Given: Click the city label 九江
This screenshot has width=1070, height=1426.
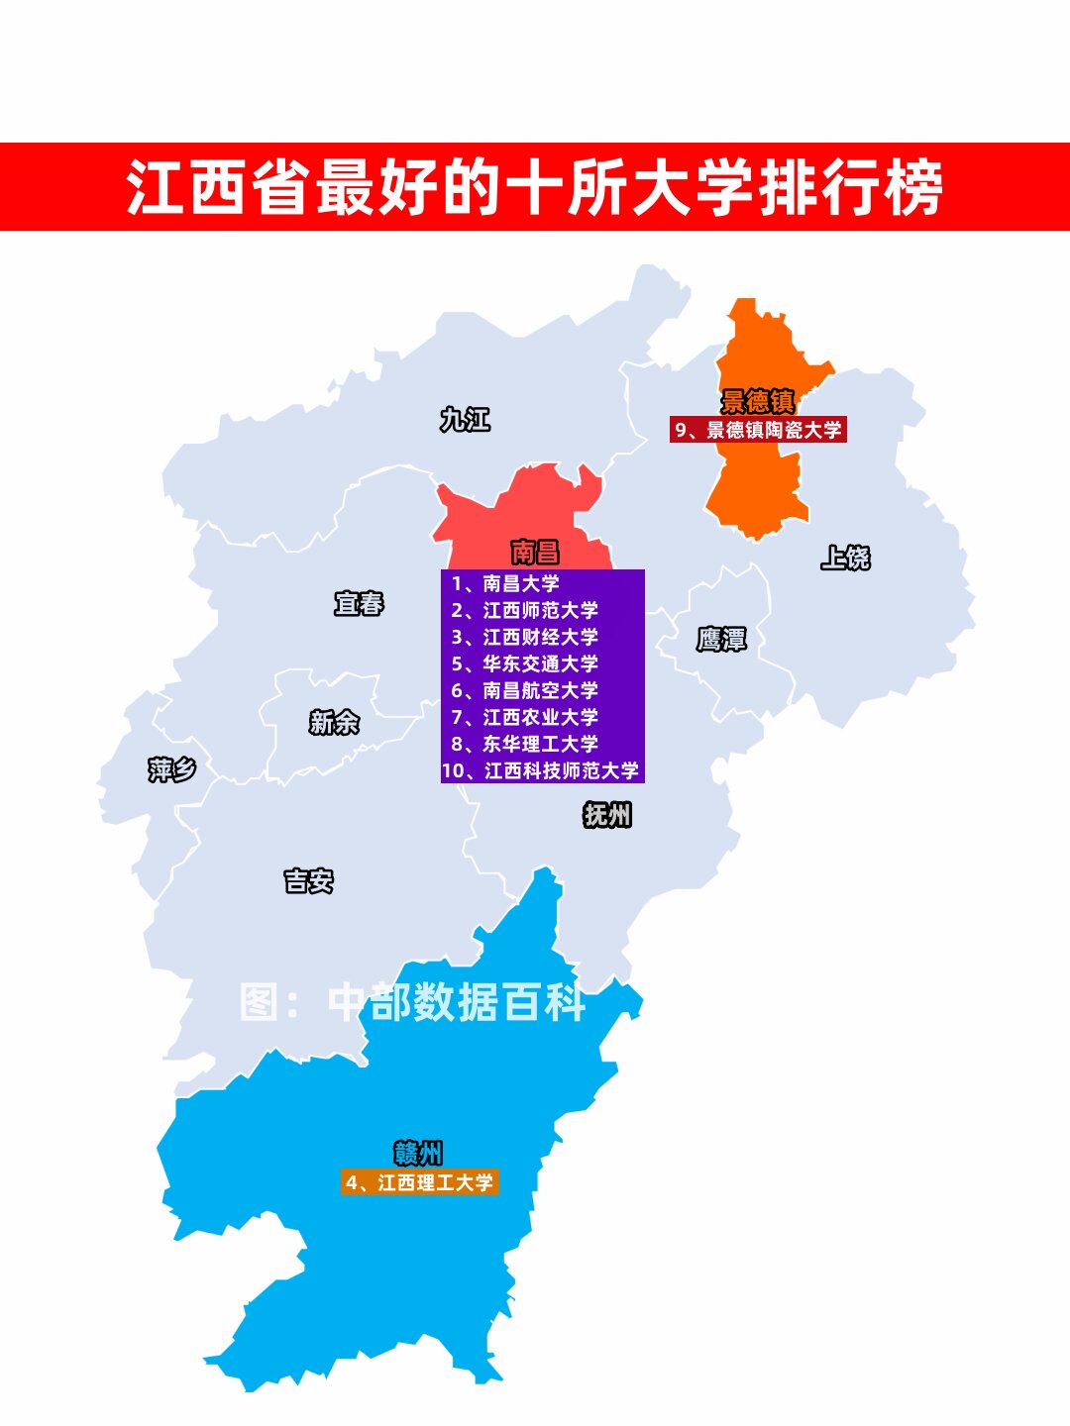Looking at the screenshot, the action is tap(465, 420).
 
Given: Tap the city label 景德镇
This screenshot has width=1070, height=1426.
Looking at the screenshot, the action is tap(758, 401).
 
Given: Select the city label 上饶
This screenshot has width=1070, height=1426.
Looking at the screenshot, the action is tap(845, 558).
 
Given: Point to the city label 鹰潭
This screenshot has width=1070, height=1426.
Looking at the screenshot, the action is tap(721, 640).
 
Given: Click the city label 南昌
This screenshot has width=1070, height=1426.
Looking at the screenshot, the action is tap(535, 552).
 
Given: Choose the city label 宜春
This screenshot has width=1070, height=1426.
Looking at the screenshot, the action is tap(359, 603).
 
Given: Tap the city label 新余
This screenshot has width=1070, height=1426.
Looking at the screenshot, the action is tap(334, 723).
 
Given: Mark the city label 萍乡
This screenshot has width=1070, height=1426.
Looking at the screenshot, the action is tap(172, 769).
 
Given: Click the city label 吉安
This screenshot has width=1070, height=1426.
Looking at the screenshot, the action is tap(309, 880).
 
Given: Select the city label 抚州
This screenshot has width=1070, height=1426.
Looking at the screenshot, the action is tap(607, 815).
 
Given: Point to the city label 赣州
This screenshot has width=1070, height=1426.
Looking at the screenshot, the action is tap(418, 1153).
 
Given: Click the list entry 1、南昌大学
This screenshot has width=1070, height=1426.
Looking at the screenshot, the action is tap(505, 584).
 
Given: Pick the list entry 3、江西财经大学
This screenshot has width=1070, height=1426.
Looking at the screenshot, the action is tap(525, 638).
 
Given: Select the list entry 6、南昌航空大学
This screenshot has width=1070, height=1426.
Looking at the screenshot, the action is tap(525, 691).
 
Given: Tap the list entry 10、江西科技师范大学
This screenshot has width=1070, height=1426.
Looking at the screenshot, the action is tap(541, 770).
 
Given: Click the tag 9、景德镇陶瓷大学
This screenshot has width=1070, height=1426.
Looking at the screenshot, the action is tap(758, 430).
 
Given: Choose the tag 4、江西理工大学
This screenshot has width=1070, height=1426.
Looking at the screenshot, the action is tap(419, 1182).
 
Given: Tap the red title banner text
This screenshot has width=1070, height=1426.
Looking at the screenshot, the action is tap(535, 187).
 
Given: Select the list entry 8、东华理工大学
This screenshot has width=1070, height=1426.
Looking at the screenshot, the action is tap(525, 744).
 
